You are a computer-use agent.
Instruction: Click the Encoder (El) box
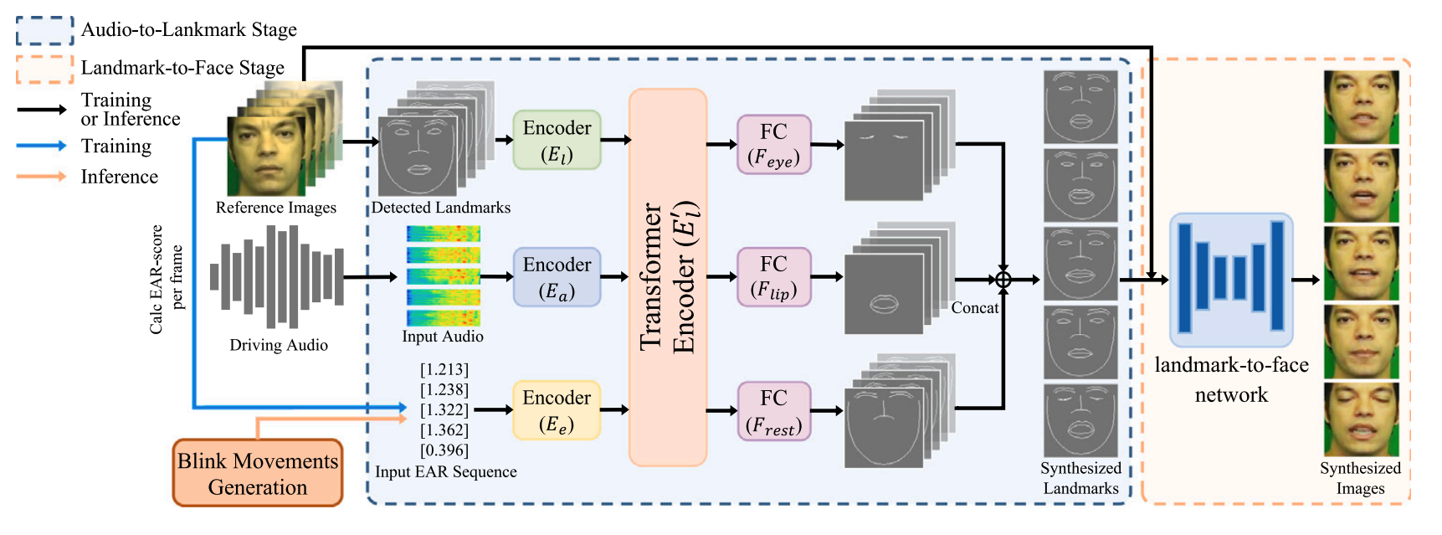[557, 140]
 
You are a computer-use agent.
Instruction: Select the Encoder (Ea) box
[557, 277]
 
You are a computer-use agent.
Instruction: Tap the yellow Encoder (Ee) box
[557, 410]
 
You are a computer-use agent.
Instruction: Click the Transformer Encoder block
[668, 277]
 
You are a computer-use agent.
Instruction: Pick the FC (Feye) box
[773, 144]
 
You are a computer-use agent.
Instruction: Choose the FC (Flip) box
[773, 277]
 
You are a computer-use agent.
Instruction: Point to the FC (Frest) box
[773, 411]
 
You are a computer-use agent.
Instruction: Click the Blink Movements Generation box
[258, 474]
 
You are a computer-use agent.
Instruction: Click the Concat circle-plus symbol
[1003, 280]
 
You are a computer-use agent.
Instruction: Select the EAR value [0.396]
[444, 450]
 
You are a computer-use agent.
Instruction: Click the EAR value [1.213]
[444, 370]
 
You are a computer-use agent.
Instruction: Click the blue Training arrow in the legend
[42, 146]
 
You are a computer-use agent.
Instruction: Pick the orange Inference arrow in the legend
[42, 177]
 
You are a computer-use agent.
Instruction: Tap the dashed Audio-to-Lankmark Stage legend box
[45, 31]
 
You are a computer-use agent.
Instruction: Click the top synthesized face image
[1361, 107]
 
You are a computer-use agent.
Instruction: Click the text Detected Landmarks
[441, 208]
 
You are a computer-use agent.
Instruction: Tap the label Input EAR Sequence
[446, 472]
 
